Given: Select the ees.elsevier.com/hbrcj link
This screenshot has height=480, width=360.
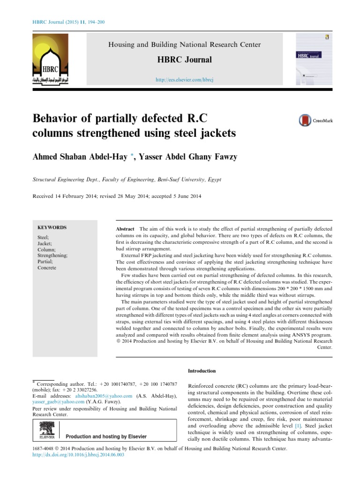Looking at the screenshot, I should (x=184, y=81).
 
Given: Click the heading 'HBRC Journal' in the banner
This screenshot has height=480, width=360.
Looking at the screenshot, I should (x=184, y=60).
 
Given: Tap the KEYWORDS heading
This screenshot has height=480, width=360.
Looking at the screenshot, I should (x=52, y=227).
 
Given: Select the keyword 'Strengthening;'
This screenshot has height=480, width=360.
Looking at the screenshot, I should (x=52, y=255).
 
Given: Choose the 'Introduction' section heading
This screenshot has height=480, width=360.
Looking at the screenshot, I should (x=202, y=371).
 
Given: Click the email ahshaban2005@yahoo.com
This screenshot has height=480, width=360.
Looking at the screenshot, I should (x=108, y=396).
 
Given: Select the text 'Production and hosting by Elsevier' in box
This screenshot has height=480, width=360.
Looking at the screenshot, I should (x=106, y=436).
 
